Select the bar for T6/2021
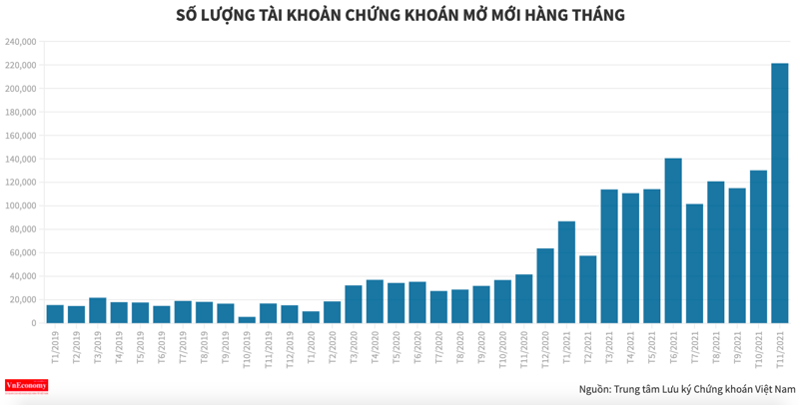(673, 240)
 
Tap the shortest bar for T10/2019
(247, 319)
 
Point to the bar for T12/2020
(545, 285)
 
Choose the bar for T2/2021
(587, 289)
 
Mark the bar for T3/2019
(97, 310)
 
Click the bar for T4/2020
(375, 301)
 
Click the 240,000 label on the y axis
(21, 42)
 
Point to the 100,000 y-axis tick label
(21, 205)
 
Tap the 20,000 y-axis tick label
(24, 299)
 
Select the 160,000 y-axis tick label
(21, 136)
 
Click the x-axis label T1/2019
(54, 346)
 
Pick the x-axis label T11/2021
(779, 348)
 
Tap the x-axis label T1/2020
(310, 346)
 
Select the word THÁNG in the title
(595, 15)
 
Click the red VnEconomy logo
(27, 386)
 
